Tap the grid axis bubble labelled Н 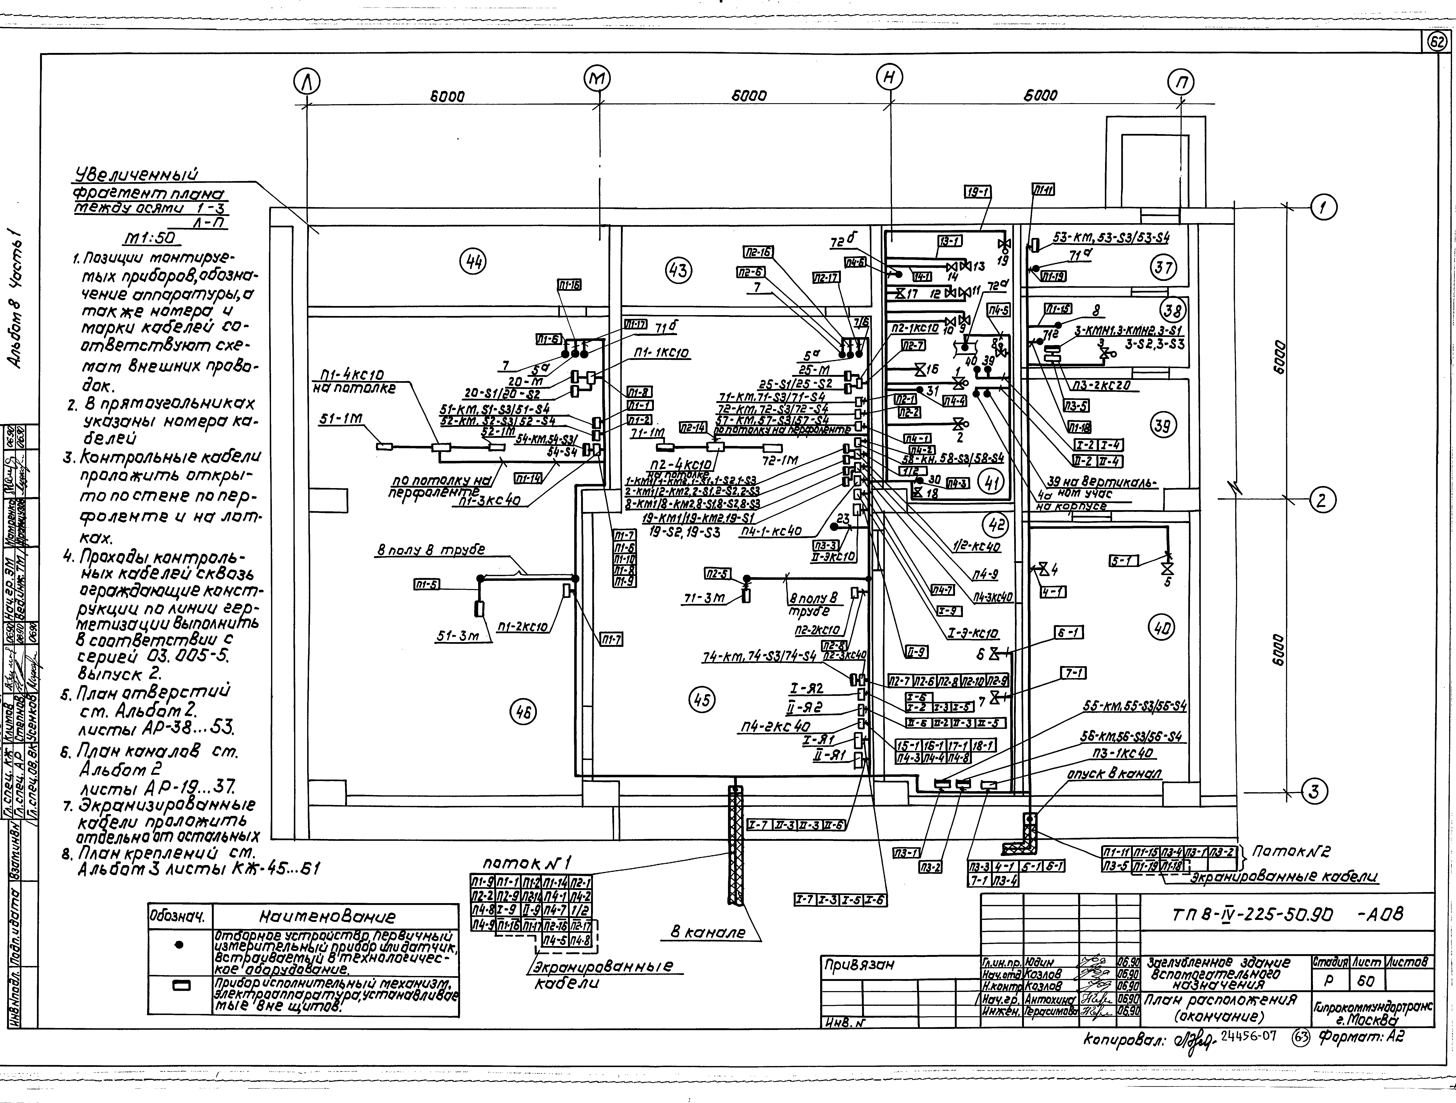[x=889, y=78]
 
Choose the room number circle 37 [x=1163, y=268]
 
